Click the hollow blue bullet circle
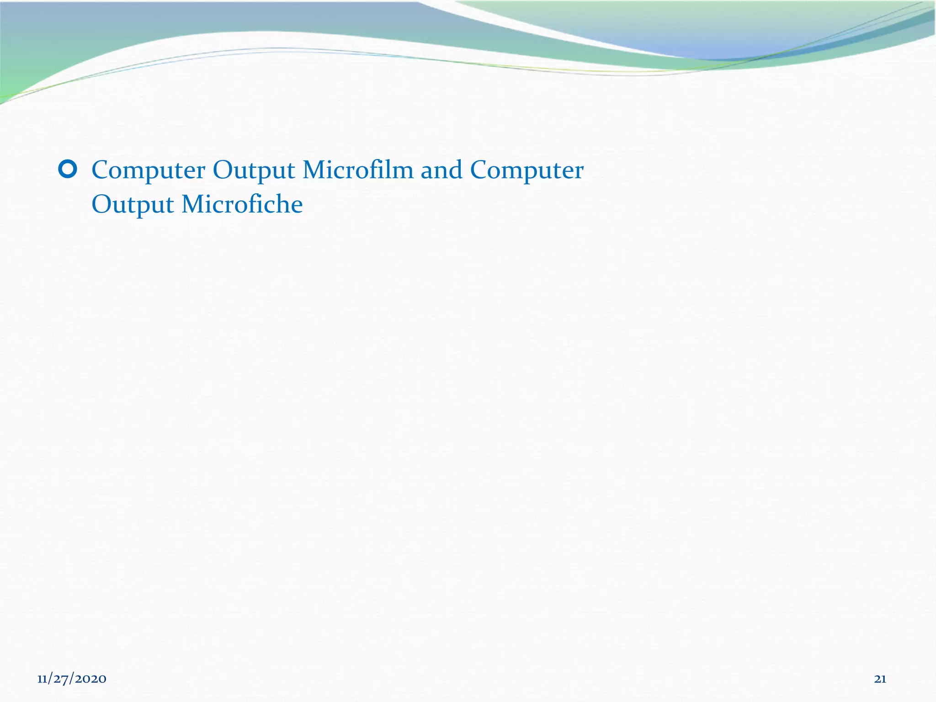[x=68, y=170]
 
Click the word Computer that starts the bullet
[x=149, y=171]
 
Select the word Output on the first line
[x=254, y=171]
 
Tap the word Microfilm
[x=358, y=170]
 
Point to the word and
[x=441, y=170]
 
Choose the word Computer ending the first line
[x=526, y=171]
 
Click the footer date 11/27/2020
[x=72, y=679]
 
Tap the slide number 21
[x=880, y=679]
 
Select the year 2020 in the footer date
[x=91, y=679]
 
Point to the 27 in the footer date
[x=61, y=679]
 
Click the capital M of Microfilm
[x=314, y=170]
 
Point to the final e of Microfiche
[x=297, y=205]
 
